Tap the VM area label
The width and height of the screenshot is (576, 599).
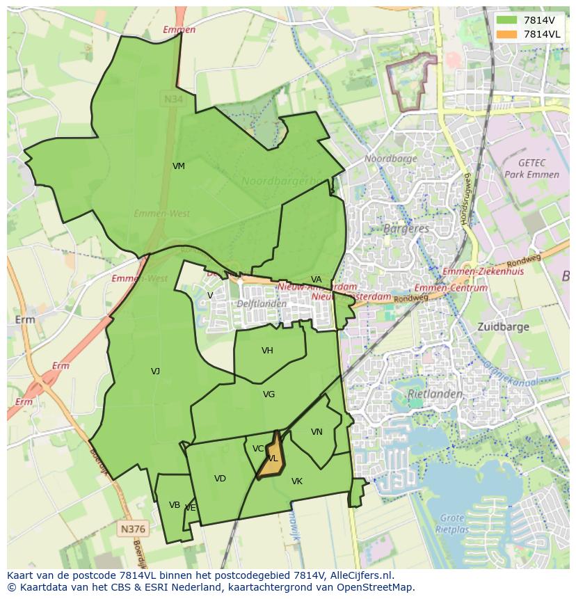(x=179, y=166)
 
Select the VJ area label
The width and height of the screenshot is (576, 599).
(x=155, y=372)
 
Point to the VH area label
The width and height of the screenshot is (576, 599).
(x=267, y=351)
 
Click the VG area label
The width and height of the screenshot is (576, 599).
(x=269, y=394)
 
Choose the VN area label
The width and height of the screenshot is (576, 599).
(x=317, y=432)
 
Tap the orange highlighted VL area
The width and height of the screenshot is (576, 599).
(x=271, y=457)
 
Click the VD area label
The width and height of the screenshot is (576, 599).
(x=220, y=479)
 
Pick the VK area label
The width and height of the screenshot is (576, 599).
(x=297, y=481)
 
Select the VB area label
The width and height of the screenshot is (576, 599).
(x=175, y=505)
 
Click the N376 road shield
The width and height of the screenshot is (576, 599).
(x=132, y=529)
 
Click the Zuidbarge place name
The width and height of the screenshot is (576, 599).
(x=504, y=326)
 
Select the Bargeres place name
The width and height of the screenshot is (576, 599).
(x=403, y=228)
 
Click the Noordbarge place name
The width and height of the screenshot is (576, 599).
(x=391, y=159)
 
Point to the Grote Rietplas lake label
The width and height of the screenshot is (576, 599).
(x=453, y=523)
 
